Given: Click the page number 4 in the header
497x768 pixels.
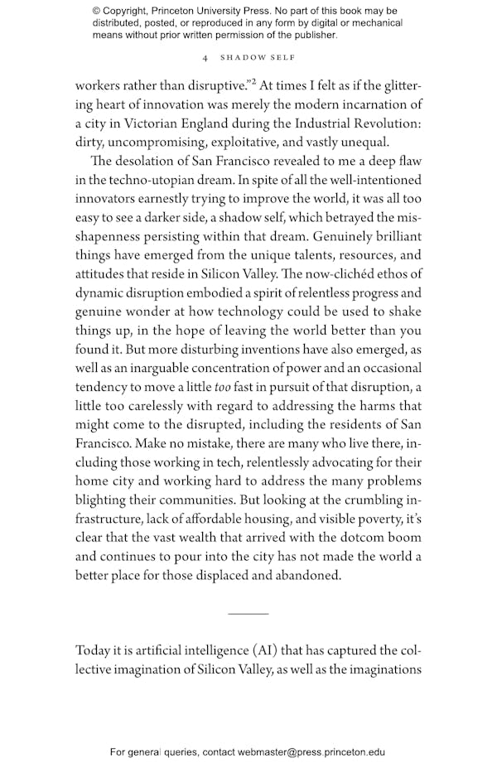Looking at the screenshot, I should click(205, 58).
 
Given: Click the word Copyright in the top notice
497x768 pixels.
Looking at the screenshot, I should click(129, 11).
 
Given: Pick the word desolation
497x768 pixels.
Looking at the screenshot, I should click(154, 162).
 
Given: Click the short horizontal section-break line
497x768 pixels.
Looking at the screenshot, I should click(248, 614).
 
